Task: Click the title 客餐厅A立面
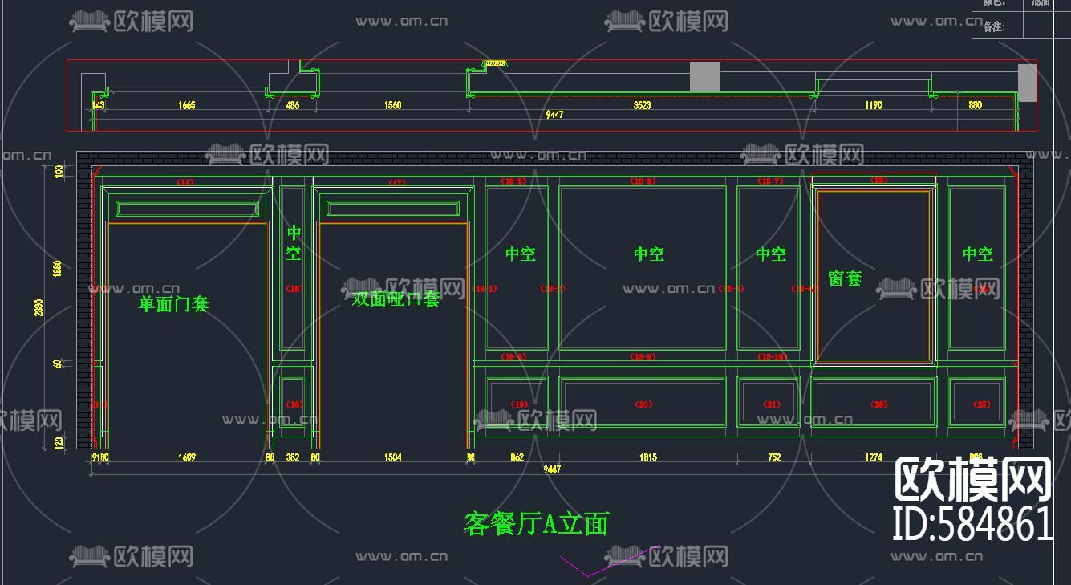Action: pyautogui.click(x=536, y=524)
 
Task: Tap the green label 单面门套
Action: pyautogui.click(x=174, y=304)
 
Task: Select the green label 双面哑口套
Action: pyautogui.click(x=396, y=299)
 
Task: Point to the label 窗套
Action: pyautogui.click(x=845, y=278)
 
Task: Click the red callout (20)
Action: pyautogui.click(x=643, y=404)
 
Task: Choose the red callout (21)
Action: pyautogui.click(x=771, y=404)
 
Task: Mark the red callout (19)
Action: pyautogui.click(x=520, y=404)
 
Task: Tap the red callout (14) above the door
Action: pyautogui.click(x=185, y=183)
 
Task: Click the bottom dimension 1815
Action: pyautogui.click(x=647, y=457)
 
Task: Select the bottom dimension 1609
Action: pyautogui.click(x=187, y=457)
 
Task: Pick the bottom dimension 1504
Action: pyautogui.click(x=393, y=457)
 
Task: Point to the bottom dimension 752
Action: pyautogui.click(x=773, y=457)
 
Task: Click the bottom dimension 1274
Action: pyautogui.click(x=874, y=457)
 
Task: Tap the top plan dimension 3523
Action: pyautogui.click(x=642, y=105)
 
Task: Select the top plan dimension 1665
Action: pyautogui.click(x=187, y=105)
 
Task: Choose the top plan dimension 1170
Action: pyautogui.click(x=874, y=105)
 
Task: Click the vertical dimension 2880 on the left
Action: pyautogui.click(x=39, y=307)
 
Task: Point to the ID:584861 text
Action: pyautogui.click(x=972, y=524)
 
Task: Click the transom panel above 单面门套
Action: pyautogui.click(x=187, y=209)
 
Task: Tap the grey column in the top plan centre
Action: pyautogui.click(x=705, y=77)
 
